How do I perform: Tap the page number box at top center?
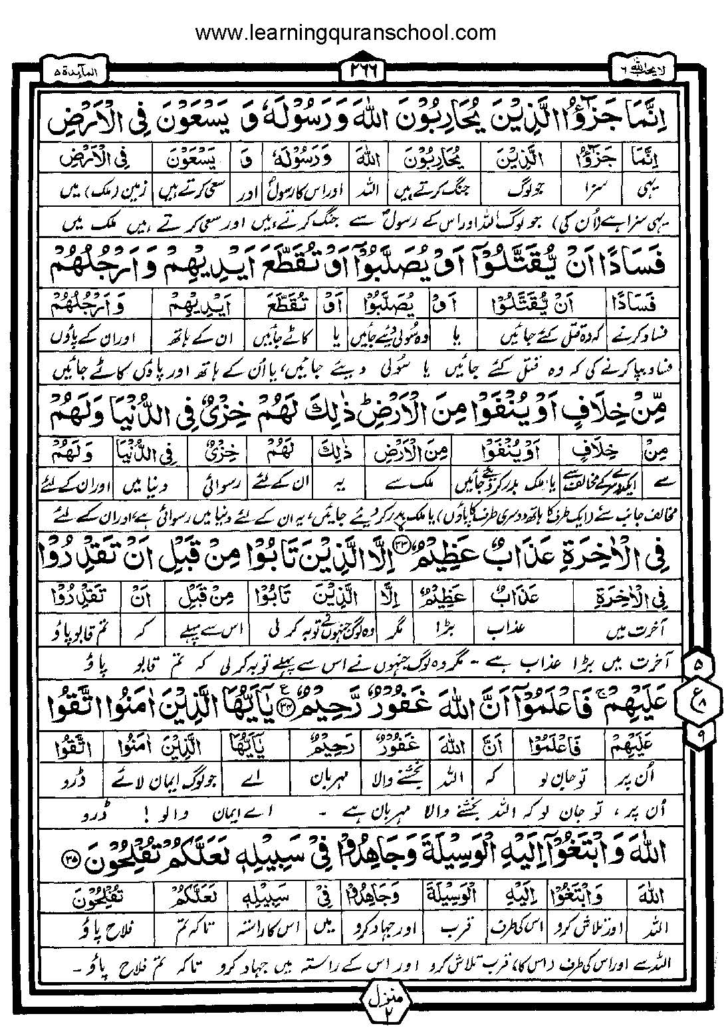[x=363, y=68]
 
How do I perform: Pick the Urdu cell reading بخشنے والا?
[x=402, y=775]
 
